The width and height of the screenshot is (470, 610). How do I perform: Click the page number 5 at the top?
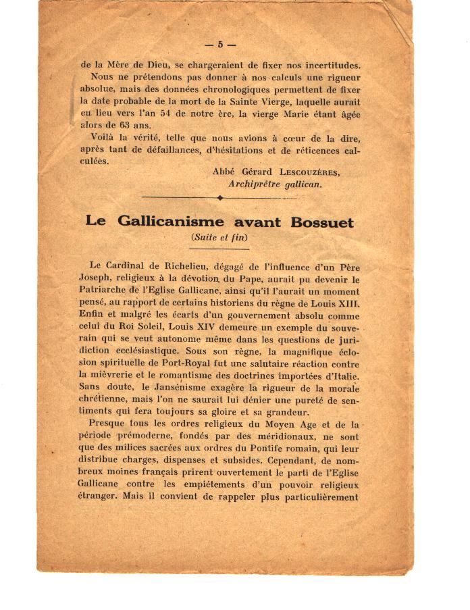(219, 45)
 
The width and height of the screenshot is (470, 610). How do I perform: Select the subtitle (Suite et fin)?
(219, 237)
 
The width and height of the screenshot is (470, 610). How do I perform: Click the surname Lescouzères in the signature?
(307, 172)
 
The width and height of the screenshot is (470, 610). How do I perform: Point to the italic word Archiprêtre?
(257, 184)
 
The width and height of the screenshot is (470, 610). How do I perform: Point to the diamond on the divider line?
(220, 198)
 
